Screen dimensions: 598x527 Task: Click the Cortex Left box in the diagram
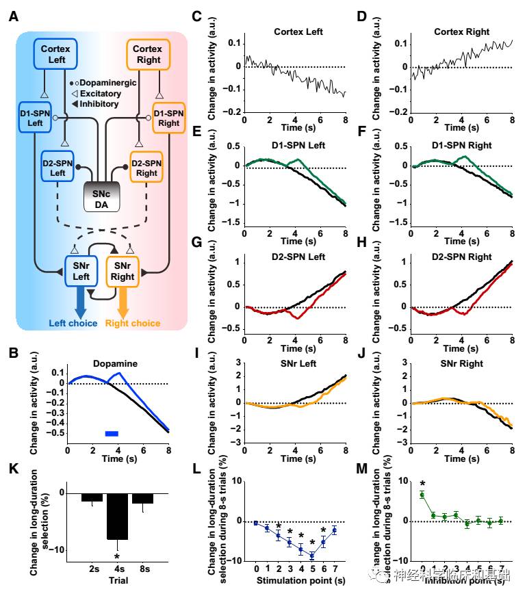click(55, 53)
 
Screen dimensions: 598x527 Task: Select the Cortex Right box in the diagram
click(146, 53)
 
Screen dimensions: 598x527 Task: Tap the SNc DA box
click(101, 196)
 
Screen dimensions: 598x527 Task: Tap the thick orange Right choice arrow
click(123, 301)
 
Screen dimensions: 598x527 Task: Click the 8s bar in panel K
click(142, 498)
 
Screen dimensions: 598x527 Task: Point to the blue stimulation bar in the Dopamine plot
click(112, 433)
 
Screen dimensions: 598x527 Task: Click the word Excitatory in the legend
click(101, 93)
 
